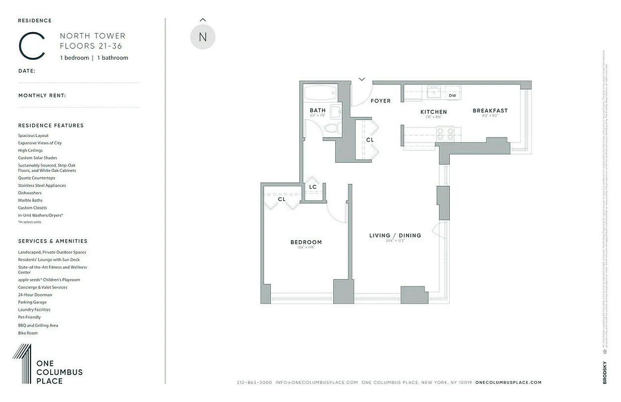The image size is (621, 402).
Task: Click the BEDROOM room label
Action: tap(306, 242)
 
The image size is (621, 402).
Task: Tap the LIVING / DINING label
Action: tap(395, 235)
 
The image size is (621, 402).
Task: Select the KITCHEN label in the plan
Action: tap(433, 112)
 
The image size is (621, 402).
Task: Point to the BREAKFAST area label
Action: tap(490, 111)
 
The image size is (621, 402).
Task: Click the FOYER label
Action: tap(381, 101)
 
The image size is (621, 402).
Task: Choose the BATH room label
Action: tap(317, 110)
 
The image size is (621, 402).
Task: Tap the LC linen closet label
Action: tap(313, 187)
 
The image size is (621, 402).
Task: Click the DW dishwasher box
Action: tap(452, 95)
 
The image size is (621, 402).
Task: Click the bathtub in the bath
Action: tap(320, 93)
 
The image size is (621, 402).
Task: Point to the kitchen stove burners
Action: tap(447, 134)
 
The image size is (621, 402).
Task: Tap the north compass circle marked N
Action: tap(203, 37)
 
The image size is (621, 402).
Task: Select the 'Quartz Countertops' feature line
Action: tap(37, 178)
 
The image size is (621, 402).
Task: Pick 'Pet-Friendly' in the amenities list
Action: tap(30, 318)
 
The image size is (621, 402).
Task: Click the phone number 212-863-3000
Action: tap(254, 382)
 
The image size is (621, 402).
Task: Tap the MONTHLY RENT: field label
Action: tap(42, 95)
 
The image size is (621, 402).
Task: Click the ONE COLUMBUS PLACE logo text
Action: tap(59, 372)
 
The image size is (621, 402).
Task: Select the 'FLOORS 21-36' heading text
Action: tap(91, 46)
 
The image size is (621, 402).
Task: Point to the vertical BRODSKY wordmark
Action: tap(604, 372)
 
